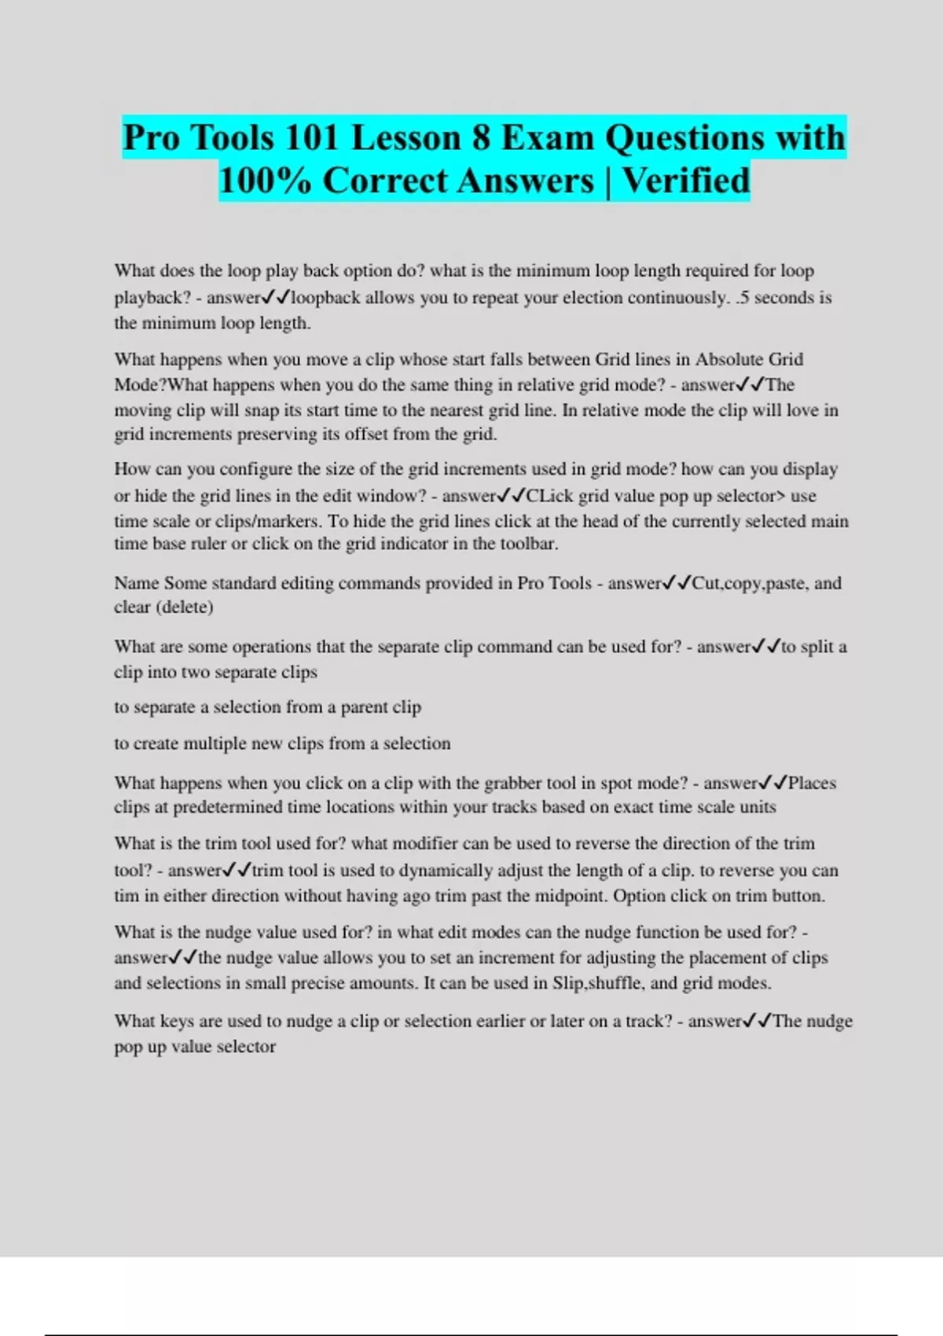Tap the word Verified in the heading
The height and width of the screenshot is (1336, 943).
click(686, 181)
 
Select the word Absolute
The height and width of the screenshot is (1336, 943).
click(729, 359)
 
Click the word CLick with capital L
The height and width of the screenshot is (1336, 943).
click(550, 496)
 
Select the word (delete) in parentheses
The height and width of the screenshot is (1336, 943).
click(184, 607)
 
